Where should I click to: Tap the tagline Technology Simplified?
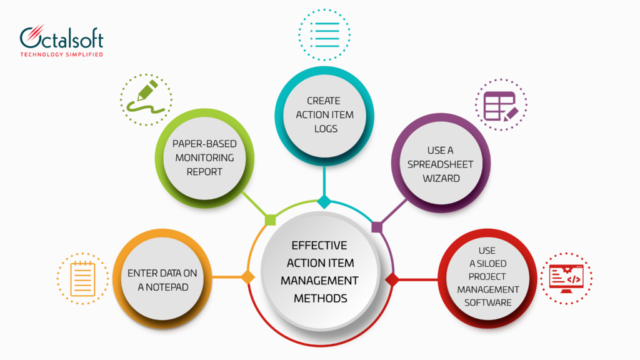61,55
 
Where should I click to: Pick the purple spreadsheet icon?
500,105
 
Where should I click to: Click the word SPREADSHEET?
440,164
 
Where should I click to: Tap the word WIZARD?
440,178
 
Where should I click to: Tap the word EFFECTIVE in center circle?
319,245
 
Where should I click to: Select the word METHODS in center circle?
319,298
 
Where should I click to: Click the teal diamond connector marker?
324,202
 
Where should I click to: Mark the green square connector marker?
271,219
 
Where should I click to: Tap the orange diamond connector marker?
248,277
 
